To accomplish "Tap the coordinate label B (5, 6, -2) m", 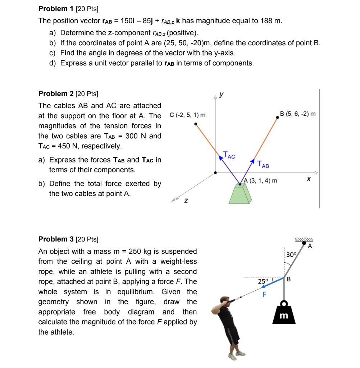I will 298,114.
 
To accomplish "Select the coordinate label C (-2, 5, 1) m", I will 187,115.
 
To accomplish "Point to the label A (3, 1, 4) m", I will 260,180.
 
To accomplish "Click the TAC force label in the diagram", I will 229,155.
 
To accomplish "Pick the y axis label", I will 222,94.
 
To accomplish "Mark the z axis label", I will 186,201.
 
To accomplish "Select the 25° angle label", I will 263,282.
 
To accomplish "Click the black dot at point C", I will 195,124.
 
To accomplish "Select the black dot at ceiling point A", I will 305,243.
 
